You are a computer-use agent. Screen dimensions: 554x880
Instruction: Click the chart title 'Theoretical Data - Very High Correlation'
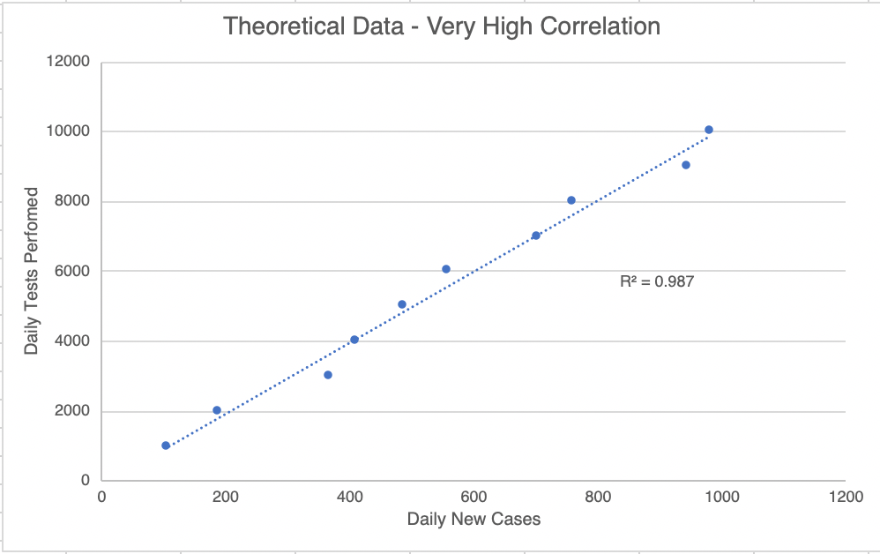pyautogui.click(x=442, y=26)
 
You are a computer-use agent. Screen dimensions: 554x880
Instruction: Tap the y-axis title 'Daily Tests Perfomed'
pyautogui.click(x=32, y=271)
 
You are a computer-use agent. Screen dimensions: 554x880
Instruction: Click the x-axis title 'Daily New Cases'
pyautogui.click(x=474, y=519)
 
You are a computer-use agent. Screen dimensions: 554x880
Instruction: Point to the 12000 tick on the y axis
pyautogui.click(x=70, y=62)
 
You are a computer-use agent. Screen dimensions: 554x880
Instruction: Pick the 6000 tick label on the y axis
pyautogui.click(x=73, y=272)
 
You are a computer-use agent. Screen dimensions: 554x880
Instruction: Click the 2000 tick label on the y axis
pyautogui.click(x=73, y=412)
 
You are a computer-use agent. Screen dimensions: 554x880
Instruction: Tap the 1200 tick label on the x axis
pyautogui.click(x=845, y=497)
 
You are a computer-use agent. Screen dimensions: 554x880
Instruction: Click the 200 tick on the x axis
pyautogui.click(x=226, y=497)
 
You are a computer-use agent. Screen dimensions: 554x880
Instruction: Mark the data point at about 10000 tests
pyautogui.click(x=708, y=130)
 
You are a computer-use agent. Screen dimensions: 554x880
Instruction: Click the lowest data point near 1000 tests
pyautogui.click(x=166, y=445)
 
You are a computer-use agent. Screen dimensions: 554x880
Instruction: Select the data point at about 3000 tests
pyautogui.click(x=328, y=375)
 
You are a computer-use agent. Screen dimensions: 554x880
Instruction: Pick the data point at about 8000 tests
pyautogui.click(x=571, y=200)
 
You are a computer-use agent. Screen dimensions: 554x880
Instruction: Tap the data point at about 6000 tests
pyautogui.click(x=446, y=269)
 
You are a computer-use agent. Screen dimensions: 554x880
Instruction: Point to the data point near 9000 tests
pyautogui.click(x=685, y=165)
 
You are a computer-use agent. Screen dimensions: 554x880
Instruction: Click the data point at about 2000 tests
pyautogui.click(x=217, y=410)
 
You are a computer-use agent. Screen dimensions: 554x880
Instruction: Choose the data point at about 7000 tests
pyautogui.click(x=535, y=236)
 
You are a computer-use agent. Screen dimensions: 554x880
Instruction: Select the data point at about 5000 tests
pyautogui.click(x=402, y=304)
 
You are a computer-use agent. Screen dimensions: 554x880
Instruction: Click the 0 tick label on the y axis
pyautogui.click(x=86, y=482)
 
